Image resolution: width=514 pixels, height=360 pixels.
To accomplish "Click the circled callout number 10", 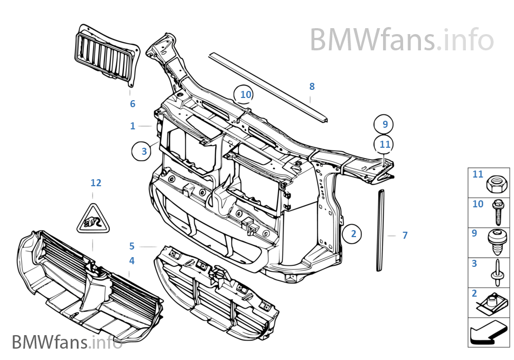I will (x=246, y=95).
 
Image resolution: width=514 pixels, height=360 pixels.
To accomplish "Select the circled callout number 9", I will (x=385, y=124).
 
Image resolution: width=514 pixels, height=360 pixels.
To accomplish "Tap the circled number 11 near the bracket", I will (x=385, y=145).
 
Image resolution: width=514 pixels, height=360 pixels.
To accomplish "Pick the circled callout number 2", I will (x=353, y=234).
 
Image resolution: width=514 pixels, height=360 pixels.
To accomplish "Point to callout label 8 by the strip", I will (x=312, y=86).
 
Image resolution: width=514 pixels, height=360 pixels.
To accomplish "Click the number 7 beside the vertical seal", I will (x=405, y=235).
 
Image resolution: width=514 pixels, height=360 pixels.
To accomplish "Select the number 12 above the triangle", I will (x=96, y=183).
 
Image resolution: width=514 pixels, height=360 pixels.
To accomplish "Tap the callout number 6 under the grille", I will (x=133, y=104).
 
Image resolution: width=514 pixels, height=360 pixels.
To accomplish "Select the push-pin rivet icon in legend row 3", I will (x=496, y=271).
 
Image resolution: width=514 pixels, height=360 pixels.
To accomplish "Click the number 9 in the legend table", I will (x=475, y=234).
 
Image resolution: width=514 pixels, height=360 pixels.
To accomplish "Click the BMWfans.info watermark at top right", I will (x=401, y=40).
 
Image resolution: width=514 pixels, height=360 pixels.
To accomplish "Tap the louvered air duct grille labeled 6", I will (x=105, y=55).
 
